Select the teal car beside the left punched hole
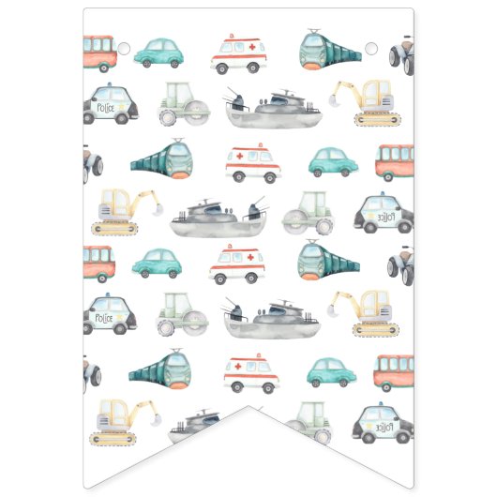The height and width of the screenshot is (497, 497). click(x=157, y=53)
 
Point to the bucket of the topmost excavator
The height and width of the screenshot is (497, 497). click(x=336, y=93)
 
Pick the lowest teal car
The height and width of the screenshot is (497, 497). click(x=332, y=371)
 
